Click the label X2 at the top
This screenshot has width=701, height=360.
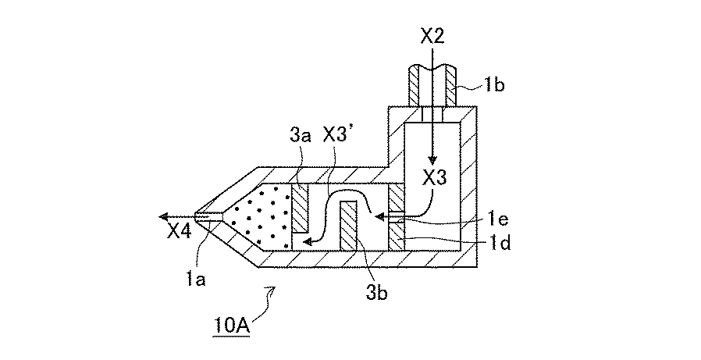(432, 36)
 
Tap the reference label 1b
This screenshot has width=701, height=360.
(493, 85)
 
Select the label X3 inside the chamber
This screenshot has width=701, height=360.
(434, 178)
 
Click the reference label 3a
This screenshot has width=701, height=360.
(301, 134)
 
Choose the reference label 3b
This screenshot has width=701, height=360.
(376, 293)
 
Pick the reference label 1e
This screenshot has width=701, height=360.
(499, 221)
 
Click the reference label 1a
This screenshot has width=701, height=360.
(196, 280)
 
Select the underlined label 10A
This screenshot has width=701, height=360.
(231, 325)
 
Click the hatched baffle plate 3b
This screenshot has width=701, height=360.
(349, 226)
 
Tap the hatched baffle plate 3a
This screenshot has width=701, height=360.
(300, 208)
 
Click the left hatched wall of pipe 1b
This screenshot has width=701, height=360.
(415, 87)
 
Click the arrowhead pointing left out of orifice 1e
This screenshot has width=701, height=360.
(379, 217)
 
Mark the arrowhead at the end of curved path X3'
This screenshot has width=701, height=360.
(308, 242)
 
